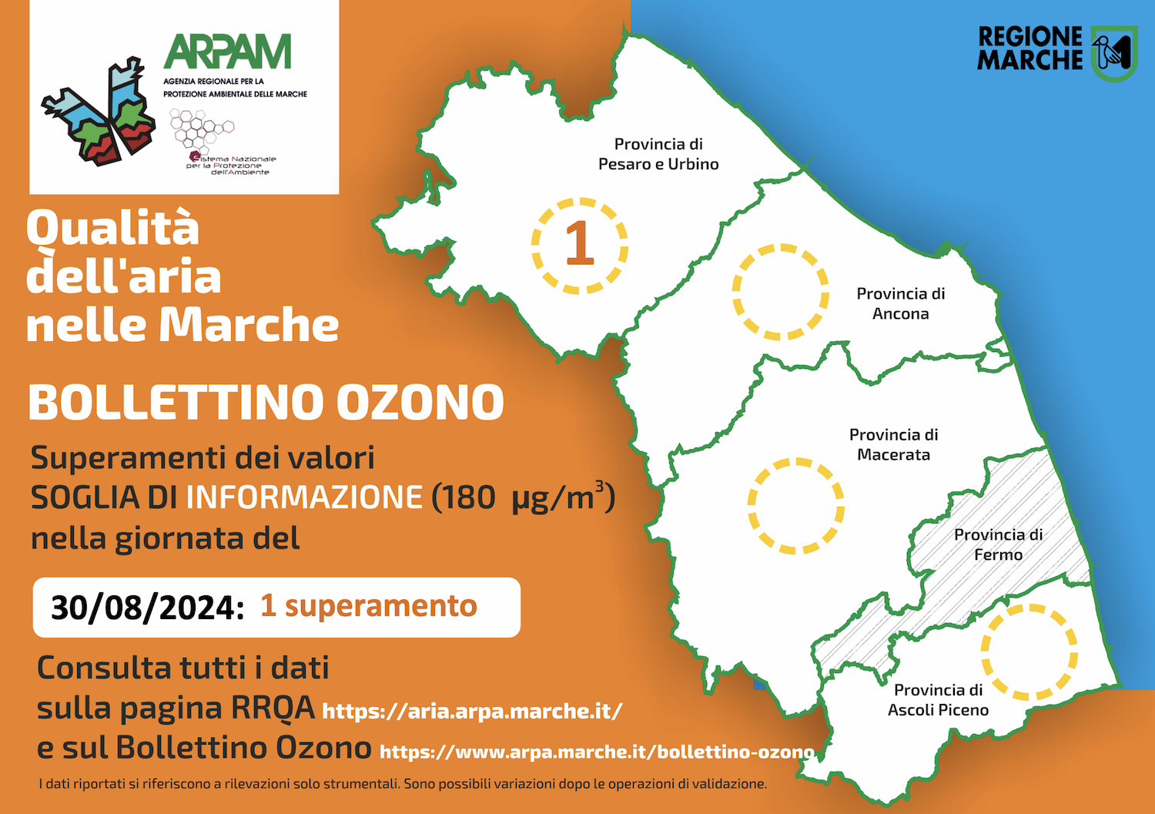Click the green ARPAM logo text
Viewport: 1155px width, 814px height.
[x=227, y=51]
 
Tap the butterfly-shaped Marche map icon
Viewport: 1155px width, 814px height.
[x=99, y=112]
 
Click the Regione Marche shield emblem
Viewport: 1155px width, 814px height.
[x=1114, y=54]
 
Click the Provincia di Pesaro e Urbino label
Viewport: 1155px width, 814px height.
[x=658, y=154]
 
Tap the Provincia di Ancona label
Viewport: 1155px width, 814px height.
[x=901, y=303]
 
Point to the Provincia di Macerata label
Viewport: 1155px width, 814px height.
[x=893, y=444]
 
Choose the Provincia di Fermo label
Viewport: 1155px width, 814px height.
[x=998, y=544]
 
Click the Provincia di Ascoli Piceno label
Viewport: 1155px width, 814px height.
[x=939, y=700]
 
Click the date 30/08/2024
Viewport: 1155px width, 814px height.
[x=148, y=608]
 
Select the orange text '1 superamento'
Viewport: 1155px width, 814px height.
[x=369, y=605]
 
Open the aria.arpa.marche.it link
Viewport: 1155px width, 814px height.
[x=472, y=712]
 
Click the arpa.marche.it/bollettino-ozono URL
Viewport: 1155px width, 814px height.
[x=597, y=752]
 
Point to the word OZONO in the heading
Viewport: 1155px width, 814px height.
[x=420, y=402]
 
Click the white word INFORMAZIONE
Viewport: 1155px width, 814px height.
[x=304, y=497]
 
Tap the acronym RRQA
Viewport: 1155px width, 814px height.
[x=273, y=707]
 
